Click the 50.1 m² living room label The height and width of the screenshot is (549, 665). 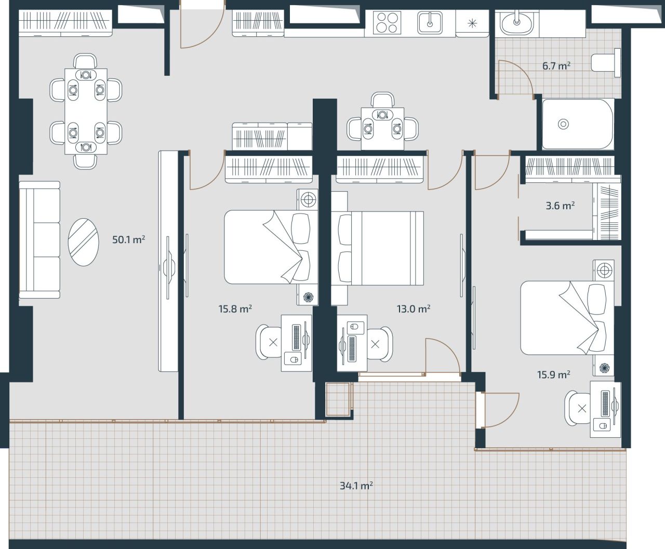[x=128, y=239]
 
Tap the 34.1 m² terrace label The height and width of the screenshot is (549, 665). [x=356, y=486]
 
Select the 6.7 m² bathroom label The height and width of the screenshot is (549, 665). [x=556, y=66]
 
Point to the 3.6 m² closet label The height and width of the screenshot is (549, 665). [x=560, y=206]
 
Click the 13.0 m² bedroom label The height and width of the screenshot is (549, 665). [x=414, y=309]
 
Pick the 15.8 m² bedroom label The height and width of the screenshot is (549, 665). [x=235, y=309]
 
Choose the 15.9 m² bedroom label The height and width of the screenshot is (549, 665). [x=554, y=374]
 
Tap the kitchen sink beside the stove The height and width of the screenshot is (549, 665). [x=430, y=23]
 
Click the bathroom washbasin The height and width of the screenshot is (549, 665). [x=516, y=23]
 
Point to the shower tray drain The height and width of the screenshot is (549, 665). [x=563, y=124]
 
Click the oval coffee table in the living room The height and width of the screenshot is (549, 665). [x=83, y=242]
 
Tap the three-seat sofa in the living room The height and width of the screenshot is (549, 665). [x=39, y=240]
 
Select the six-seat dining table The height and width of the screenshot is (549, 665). [x=86, y=111]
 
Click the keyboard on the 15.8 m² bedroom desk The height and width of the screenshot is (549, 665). [x=296, y=337]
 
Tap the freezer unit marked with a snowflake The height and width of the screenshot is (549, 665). [x=472, y=23]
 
